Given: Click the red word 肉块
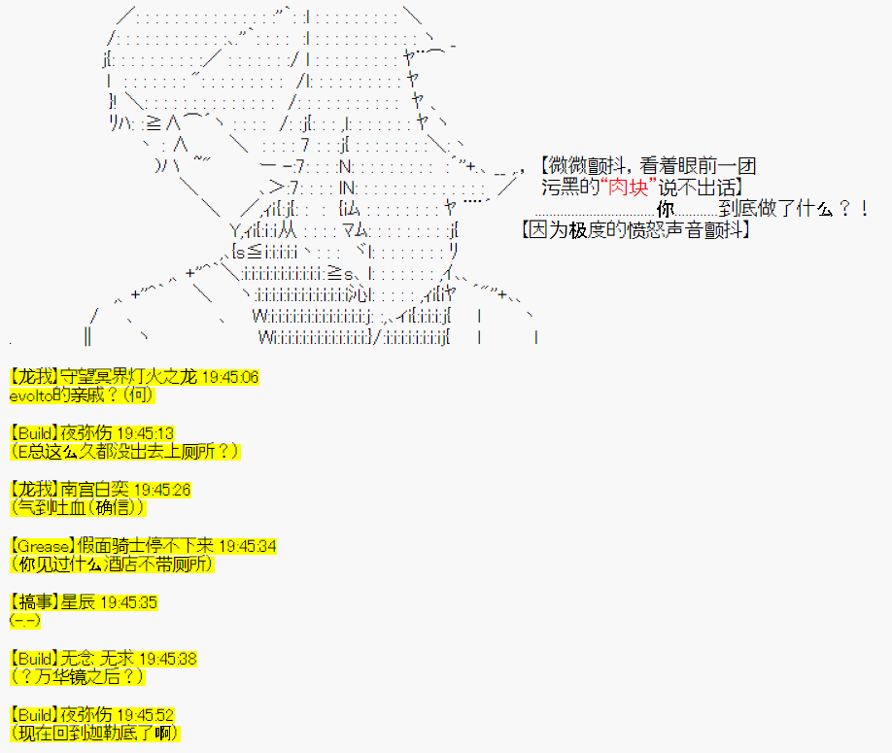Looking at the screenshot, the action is [x=629, y=188].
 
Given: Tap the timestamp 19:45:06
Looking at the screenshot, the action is [x=230, y=377].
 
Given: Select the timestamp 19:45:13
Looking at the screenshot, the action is [x=145, y=433].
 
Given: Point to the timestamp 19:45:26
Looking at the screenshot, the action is [x=162, y=490].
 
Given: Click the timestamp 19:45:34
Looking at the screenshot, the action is [x=247, y=546].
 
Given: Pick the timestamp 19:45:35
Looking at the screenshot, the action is [x=128, y=602].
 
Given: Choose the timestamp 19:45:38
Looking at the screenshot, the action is [x=168, y=659].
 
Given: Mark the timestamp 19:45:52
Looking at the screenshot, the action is [x=145, y=715].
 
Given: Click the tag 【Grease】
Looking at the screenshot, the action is [x=43, y=546].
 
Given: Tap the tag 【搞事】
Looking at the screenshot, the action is [x=35, y=602].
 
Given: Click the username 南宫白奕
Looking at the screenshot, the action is [x=94, y=490].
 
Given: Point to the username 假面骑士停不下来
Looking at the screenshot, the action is [x=146, y=546].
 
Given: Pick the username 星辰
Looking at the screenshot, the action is [x=78, y=602].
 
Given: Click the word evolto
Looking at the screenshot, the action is [x=31, y=395].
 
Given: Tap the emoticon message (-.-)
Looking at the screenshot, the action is [x=25, y=621].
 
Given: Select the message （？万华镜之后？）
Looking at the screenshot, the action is [x=78, y=677].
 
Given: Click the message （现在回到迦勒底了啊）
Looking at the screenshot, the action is [x=95, y=734].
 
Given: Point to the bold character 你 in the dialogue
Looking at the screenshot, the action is [x=666, y=209].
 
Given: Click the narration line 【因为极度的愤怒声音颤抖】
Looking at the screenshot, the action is [x=635, y=229].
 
